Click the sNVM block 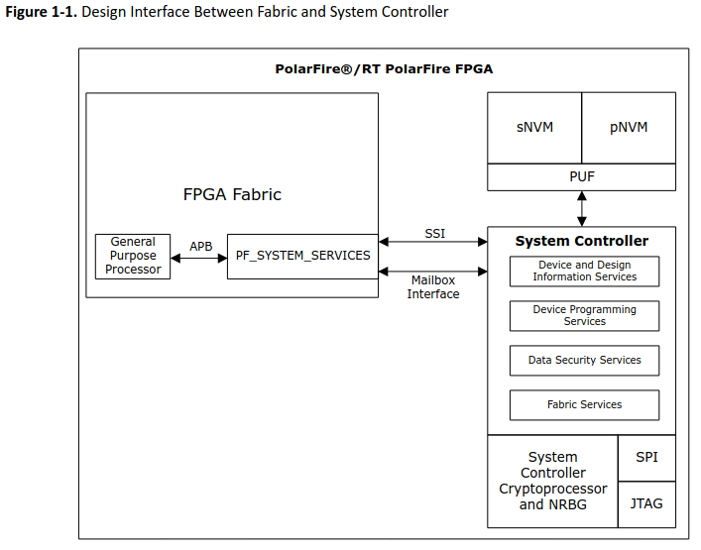[534, 128]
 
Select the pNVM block [628, 128]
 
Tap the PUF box [581, 176]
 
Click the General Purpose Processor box [133, 256]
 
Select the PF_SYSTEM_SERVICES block [302, 256]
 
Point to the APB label [200, 246]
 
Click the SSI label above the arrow [434, 234]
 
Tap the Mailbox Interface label [433, 287]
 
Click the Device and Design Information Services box [584, 272]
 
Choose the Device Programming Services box [584, 315]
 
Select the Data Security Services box [584, 361]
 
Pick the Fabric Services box [584, 405]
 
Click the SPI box [646, 458]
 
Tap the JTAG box [646, 504]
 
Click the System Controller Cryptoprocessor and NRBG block [552, 481]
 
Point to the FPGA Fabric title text [232, 194]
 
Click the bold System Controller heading [581, 241]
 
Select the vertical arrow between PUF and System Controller [582, 208]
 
